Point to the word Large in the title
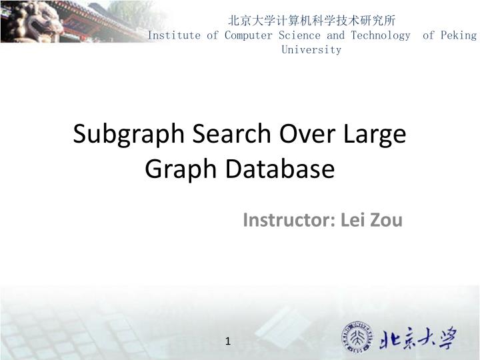375,135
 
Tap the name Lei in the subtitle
352,220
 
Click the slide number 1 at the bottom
228,342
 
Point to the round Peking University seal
359,337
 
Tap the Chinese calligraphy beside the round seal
419,339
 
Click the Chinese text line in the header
312,21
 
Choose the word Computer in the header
247,35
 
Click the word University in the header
311,50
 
